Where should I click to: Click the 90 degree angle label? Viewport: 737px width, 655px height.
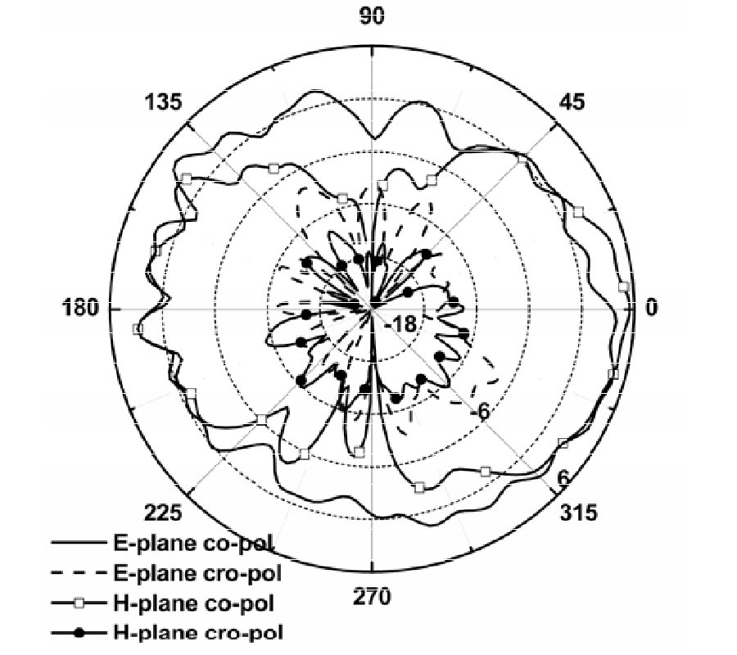[x=371, y=16]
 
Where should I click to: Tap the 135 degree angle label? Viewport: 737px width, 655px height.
[x=163, y=102]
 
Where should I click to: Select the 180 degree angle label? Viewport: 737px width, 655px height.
[x=81, y=308]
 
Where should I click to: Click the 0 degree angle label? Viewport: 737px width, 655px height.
[x=651, y=308]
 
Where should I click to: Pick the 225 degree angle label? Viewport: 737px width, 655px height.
[x=163, y=513]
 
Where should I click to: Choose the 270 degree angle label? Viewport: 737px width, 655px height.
[x=372, y=597]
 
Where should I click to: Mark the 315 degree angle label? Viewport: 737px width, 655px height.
[x=578, y=513]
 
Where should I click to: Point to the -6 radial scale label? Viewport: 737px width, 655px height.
[x=480, y=412]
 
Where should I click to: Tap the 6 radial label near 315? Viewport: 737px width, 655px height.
[x=563, y=478]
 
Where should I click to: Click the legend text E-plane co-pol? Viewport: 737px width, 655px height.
[x=193, y=544]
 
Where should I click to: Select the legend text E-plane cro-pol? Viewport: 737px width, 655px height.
[x=198, y=573]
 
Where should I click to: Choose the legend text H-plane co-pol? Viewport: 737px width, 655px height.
[x=193, y=603]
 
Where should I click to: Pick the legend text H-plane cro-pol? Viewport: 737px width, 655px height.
[x=198, y=632]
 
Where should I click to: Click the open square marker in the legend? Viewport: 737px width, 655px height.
[x=79, y=603]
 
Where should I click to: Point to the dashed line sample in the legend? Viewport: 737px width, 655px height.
[x=78, y=573]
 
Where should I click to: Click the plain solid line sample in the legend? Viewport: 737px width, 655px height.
[x=78, y=543]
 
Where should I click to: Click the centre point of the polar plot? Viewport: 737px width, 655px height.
[x=372, y=309]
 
